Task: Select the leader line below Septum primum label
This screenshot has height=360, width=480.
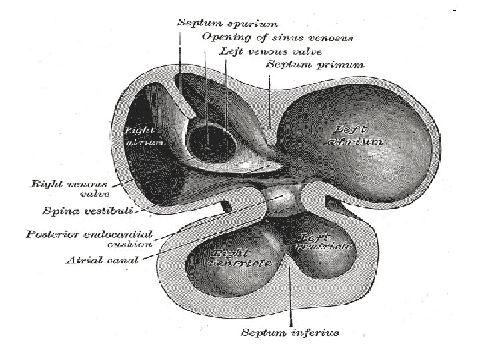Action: coord(269,100)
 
